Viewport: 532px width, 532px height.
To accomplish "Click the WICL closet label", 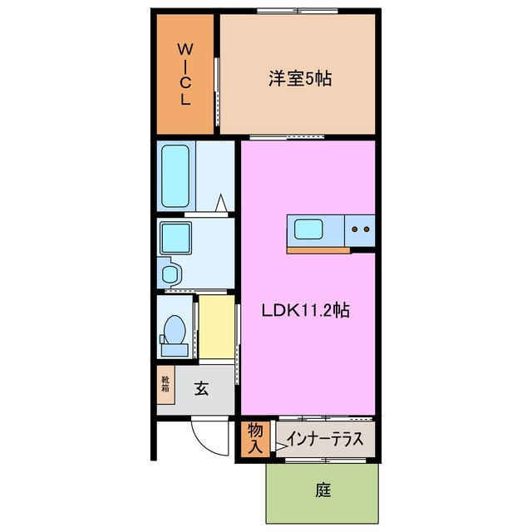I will point(184,74).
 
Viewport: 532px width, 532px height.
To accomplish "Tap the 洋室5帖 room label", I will point(300,79).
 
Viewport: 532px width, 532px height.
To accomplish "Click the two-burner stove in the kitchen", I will point(362,229).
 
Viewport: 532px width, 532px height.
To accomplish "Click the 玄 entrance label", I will point(202,387).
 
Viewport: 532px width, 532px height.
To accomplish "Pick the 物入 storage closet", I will point(255,438).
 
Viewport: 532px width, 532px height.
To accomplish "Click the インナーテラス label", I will point(323,439).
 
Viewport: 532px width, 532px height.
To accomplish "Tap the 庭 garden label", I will point(323,490).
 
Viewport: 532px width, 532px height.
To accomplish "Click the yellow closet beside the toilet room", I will point(215,326).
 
